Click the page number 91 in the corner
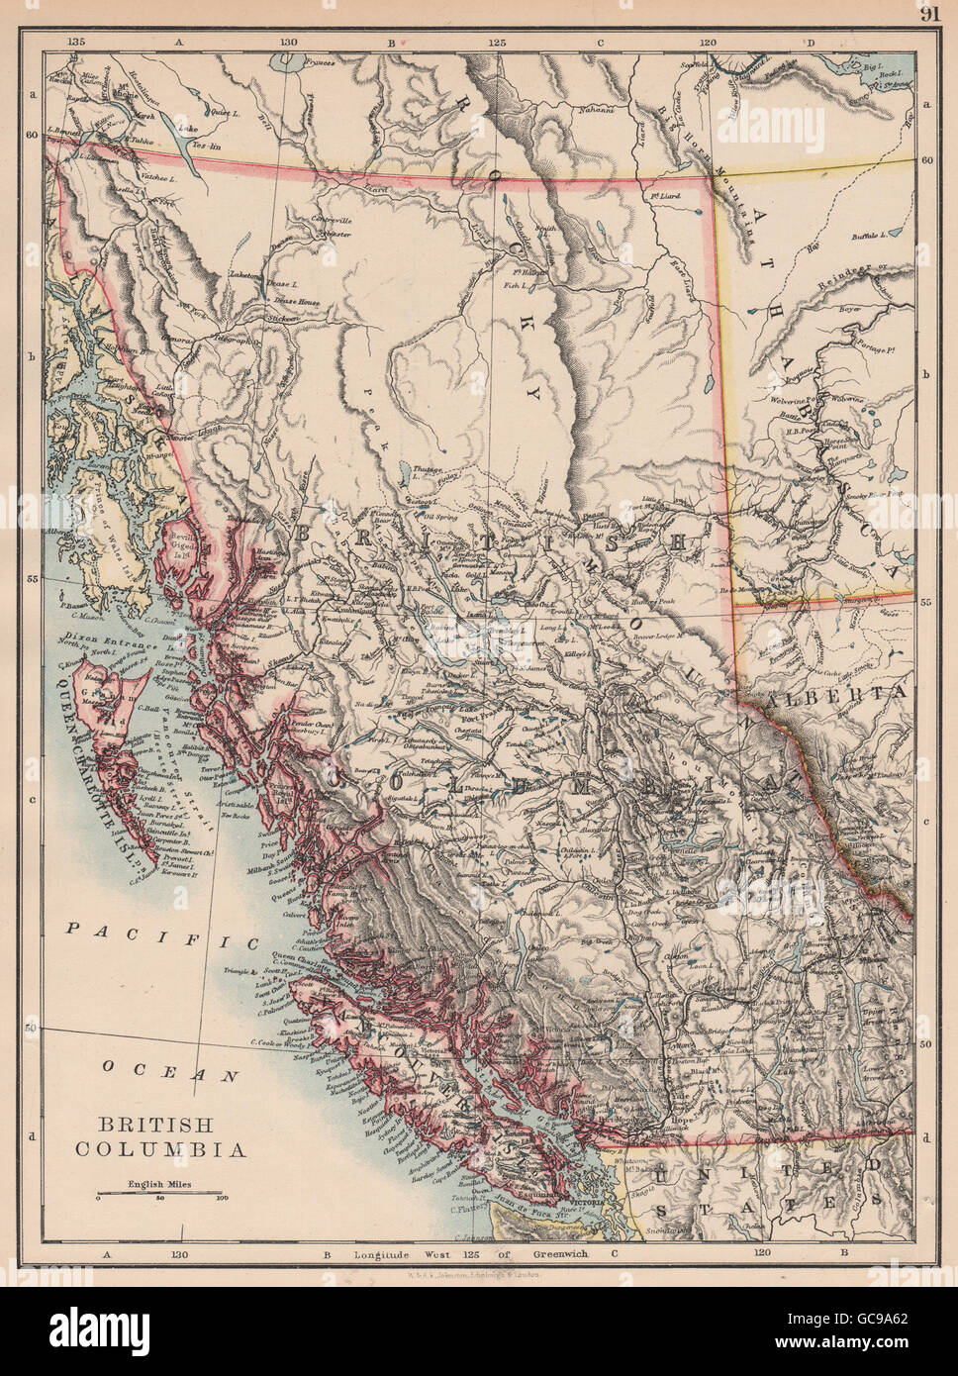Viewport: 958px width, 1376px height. click(928, 13)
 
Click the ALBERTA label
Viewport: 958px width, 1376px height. click(860, 693)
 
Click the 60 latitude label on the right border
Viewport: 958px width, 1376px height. click(926, 157)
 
